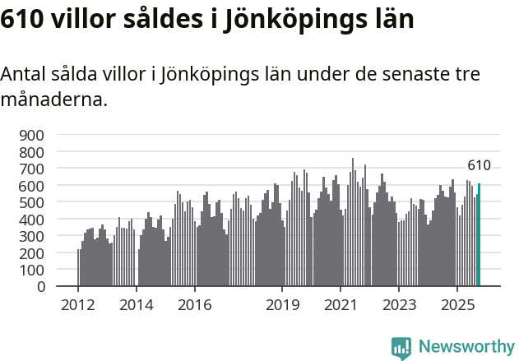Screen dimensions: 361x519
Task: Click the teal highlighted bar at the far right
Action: pyautogui.click(x=479, y=235)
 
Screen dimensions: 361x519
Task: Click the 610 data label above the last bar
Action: pyautogui.click(x=479, y=166)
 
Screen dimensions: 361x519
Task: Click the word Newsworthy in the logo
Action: pyautogui.click(x=466, y=347)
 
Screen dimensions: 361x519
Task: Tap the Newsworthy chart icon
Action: pyautogui.click(x=401, y=348)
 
